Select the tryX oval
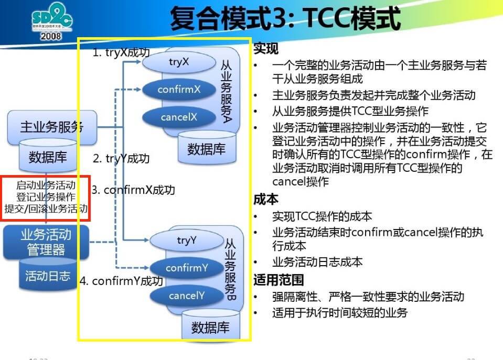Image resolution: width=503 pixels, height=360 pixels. tap(179, 62)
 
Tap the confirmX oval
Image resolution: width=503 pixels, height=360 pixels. tap(179, 90)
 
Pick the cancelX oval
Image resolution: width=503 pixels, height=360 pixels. tap(179, 117)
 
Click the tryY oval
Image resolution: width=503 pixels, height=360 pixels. tap(187, 241)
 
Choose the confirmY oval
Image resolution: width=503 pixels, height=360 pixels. tap(187, 268)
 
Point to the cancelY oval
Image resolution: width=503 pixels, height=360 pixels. tap(187, 296)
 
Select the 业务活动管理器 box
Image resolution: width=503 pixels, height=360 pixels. tap(46, 242)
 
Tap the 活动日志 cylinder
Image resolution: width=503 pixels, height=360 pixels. tap(48, 276)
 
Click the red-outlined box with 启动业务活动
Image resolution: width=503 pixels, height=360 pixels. tap(46, 198)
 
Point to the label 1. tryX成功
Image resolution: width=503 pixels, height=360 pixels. tap(121, 52)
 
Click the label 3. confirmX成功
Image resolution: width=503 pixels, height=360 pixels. tap(133, 190)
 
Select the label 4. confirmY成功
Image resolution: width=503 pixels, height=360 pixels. tap(121, 281)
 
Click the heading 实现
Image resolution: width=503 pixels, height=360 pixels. tap(266, 49)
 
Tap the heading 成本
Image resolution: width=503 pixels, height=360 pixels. tap(266, 200)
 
